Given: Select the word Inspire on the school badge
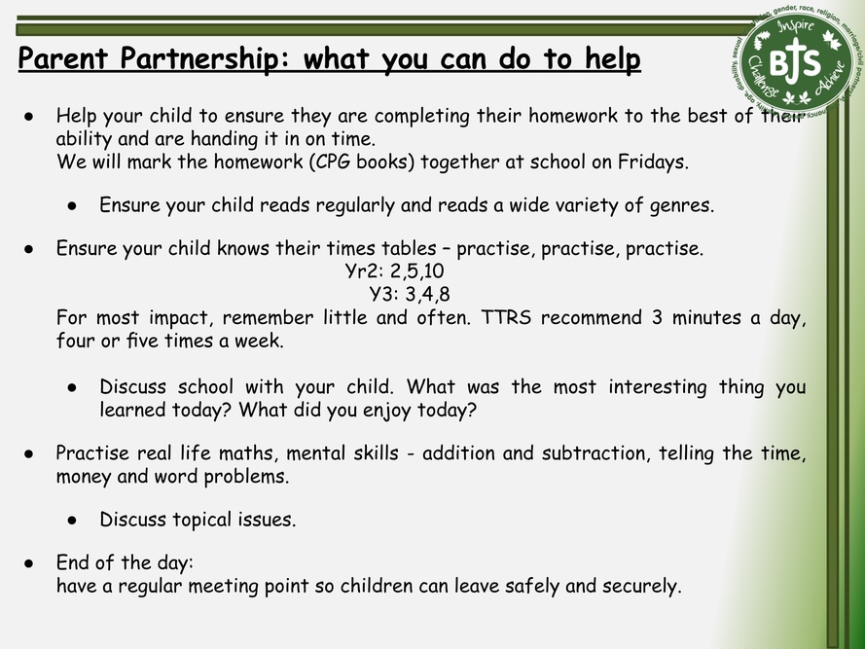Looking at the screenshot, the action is (795, 28).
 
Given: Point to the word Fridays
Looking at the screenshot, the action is (653, 162).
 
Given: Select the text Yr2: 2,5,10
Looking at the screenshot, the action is (394, 270).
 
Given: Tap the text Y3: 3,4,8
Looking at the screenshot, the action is (410, 294).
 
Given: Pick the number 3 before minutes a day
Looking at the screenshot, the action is (657, 317).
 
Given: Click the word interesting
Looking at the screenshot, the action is (658, 387).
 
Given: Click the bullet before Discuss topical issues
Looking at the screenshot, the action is (72, 521).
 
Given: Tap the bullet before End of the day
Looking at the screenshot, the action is (28, 563).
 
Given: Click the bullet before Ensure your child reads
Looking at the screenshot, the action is (72, 206).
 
